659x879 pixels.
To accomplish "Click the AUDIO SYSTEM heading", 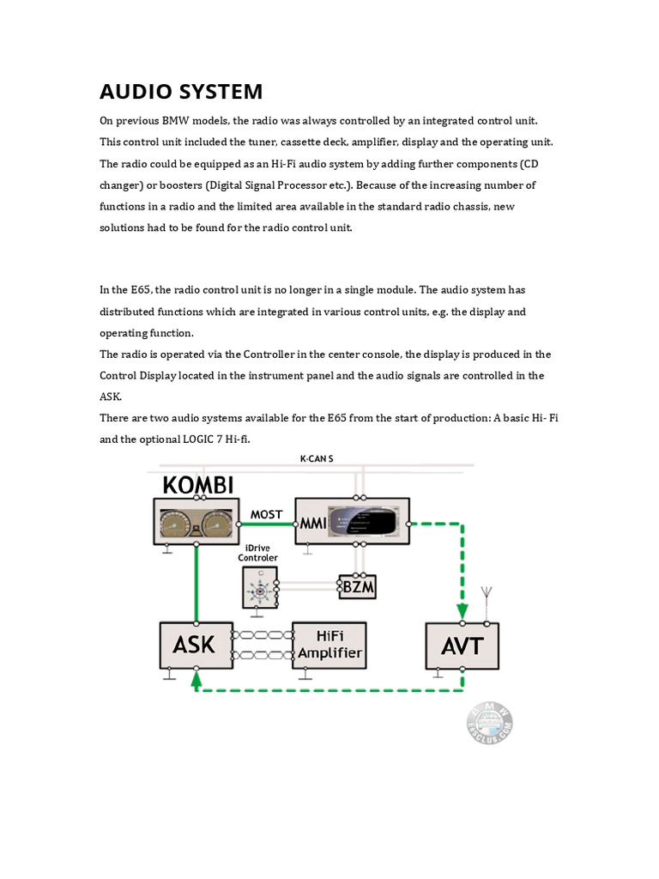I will [x=181, y=92].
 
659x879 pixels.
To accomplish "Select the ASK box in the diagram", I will [x=196, y=645].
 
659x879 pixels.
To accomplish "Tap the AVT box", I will [x=463, y=646].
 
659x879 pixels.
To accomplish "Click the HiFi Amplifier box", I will [x=329, y=645].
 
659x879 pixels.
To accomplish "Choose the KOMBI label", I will [x=198, y=485].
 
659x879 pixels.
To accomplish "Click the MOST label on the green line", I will [x=266, y=515].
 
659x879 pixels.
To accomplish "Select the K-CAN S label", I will [x=316, y=459].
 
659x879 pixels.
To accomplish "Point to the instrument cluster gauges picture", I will [x=197, y=522].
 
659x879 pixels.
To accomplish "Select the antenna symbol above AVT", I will [x=486, y=595].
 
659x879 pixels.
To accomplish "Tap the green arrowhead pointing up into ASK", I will [x=196, y=679].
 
